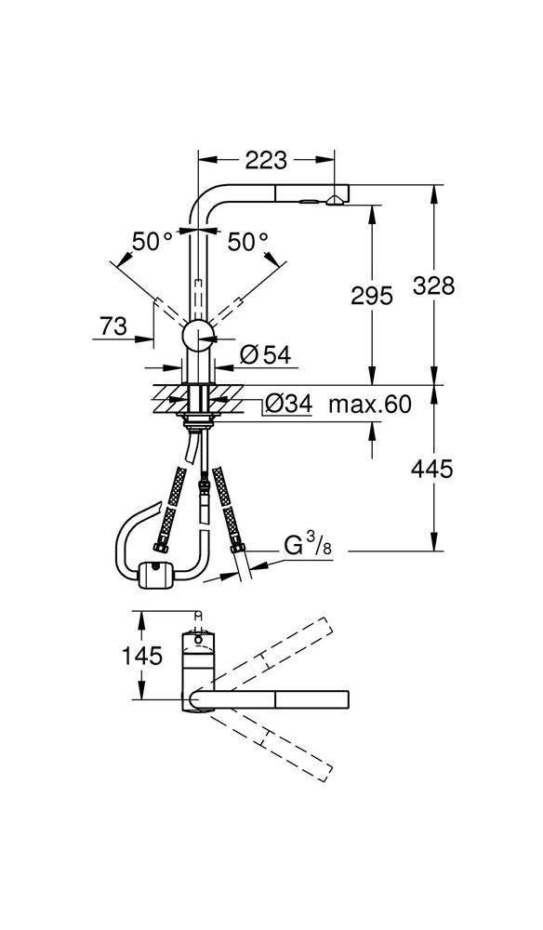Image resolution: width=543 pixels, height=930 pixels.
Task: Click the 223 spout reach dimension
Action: click(x=266, y=160)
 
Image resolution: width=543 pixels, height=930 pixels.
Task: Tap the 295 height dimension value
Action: click(x=371, y=296)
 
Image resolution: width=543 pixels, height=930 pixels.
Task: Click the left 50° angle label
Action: click(x=151, y=242)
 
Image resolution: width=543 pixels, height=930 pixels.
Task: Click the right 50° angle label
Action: click(x=247, y=242)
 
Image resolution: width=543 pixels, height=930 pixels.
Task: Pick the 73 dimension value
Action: click(x=113, y=325)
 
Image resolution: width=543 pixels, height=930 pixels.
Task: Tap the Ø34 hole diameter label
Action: click(x=287, y=404)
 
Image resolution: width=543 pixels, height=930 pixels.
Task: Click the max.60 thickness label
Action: click(x=370, y=404)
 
